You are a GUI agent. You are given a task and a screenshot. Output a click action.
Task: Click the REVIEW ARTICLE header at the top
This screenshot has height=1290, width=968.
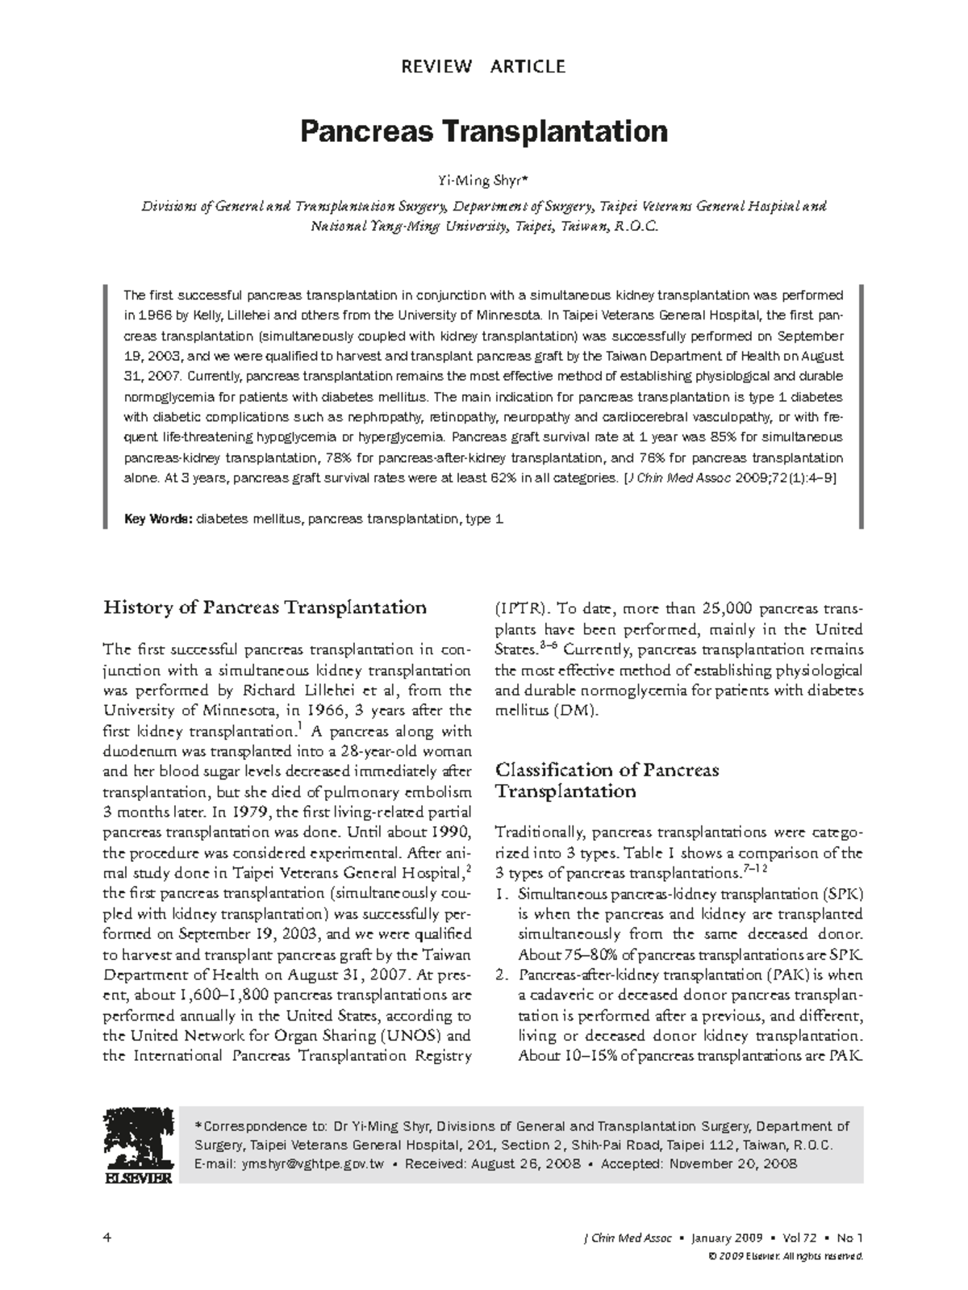483,66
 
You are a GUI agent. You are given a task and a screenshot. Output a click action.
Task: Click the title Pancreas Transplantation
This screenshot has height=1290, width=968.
483,131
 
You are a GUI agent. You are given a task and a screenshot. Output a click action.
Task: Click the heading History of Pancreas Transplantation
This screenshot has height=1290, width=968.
265,607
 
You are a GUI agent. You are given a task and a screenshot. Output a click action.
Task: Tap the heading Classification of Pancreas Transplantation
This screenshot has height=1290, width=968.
606,780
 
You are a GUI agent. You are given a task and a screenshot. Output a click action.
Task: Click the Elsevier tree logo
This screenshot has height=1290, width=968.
136,1145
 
